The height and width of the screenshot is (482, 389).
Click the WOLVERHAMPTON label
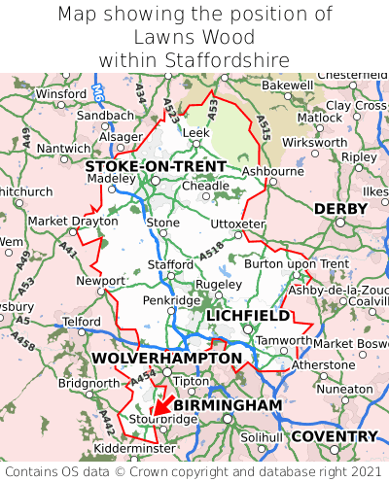point(166,359)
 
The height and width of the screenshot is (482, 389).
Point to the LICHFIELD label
point(247,316)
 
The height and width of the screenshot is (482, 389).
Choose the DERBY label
point(340,209)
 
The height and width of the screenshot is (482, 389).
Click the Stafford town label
point(170,264)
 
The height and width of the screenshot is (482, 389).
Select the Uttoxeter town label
point(237,224)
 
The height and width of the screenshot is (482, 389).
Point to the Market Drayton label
point(60,221)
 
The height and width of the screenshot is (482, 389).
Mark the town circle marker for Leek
point(195,143)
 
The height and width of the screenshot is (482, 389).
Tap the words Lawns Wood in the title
point(194,38)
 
